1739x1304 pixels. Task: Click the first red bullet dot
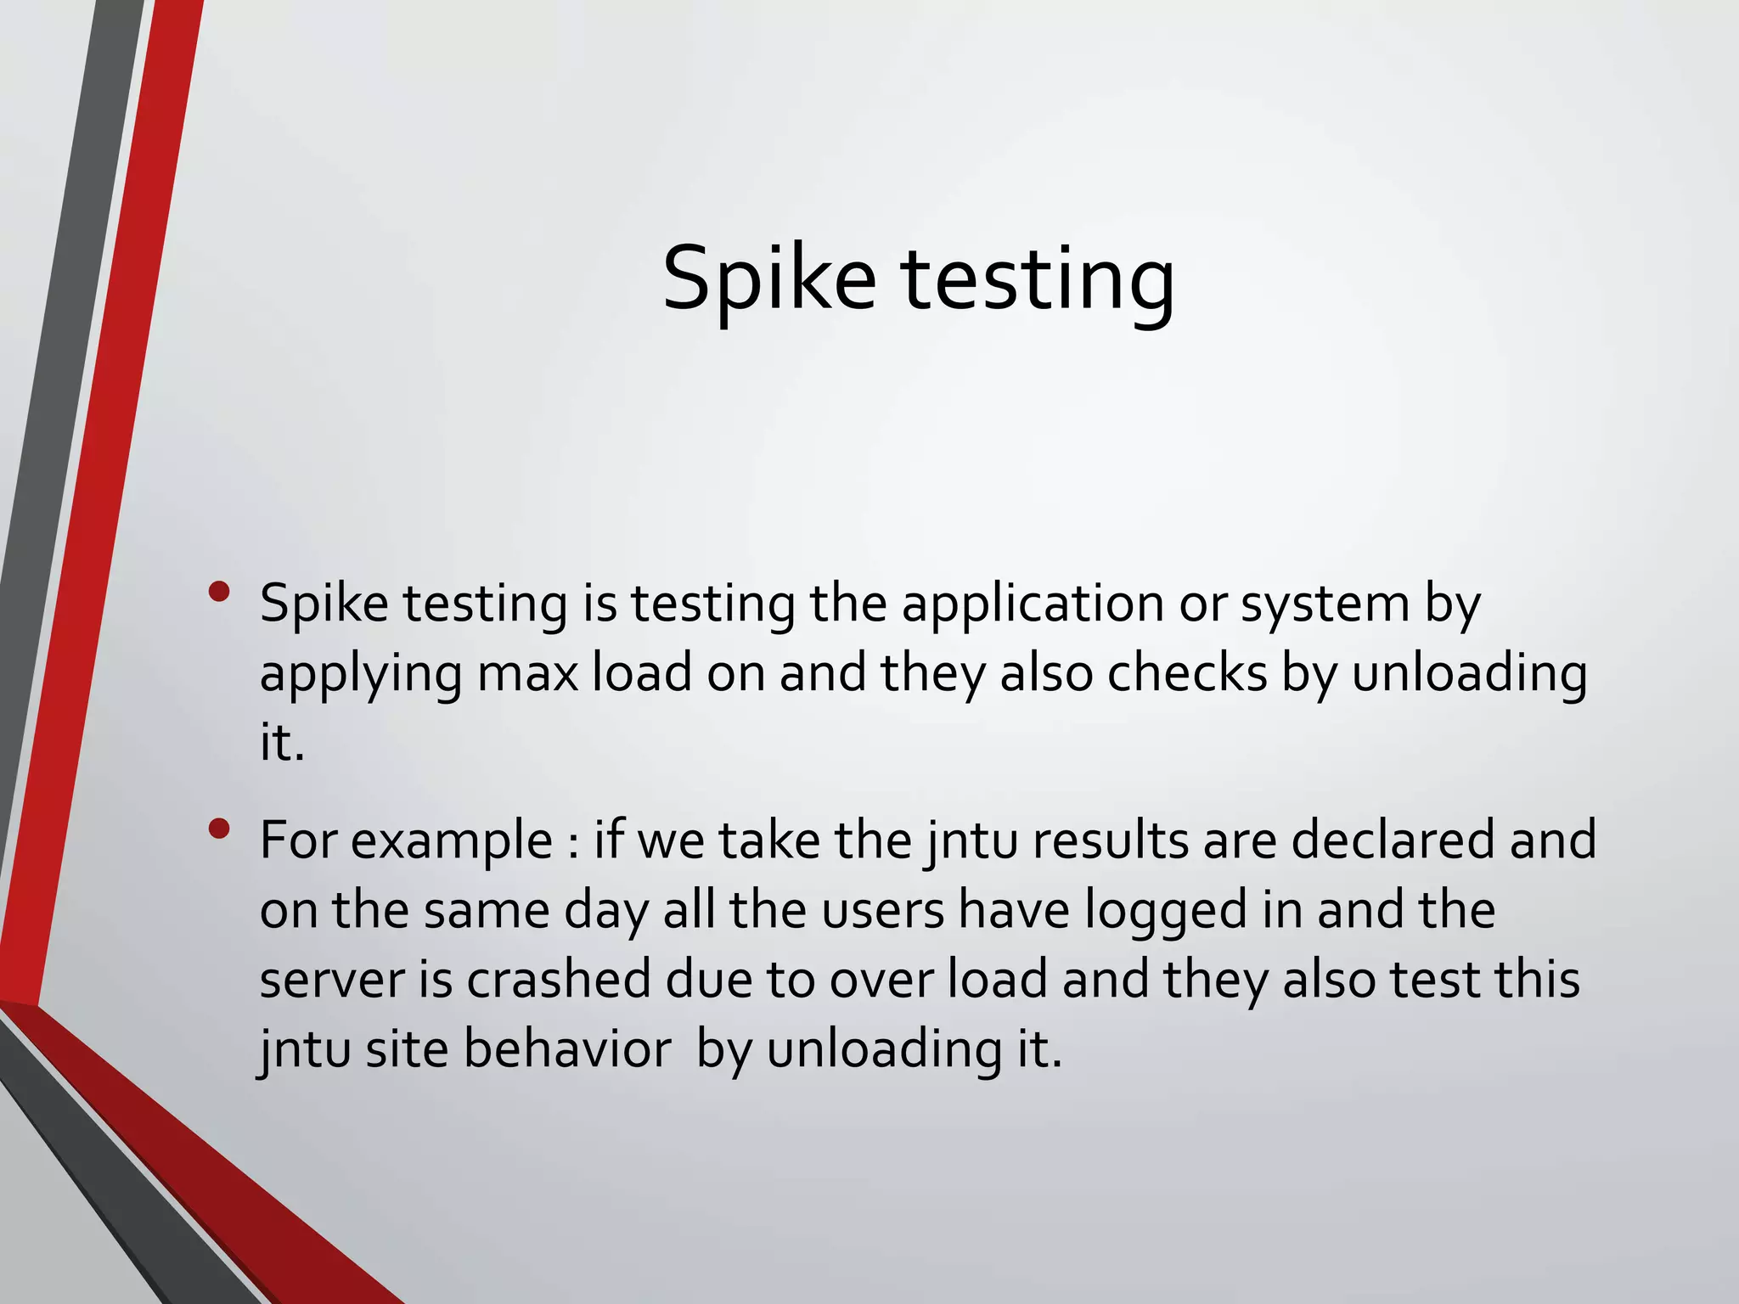(x=219, y=592)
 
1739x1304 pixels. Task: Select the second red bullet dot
(x=219, y=829)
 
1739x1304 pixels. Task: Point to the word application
(x=1032, y=605)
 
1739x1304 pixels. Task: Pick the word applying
(x=360, y=675)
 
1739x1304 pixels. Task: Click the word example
(x=452, y=841)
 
